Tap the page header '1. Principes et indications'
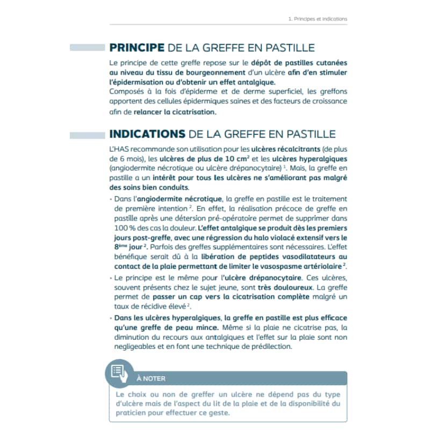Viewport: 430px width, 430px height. pyautogui.click(x=318, y=19)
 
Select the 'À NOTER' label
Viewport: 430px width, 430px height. pyautogui.click(x=151, y=378)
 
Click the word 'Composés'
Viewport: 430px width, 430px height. pyautogui.click(x=125, y=91)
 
